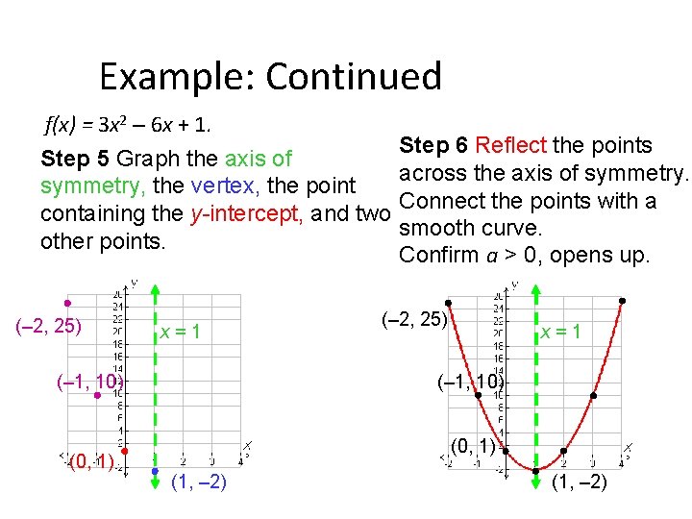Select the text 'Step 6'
[434, 146]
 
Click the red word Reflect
[510, 146]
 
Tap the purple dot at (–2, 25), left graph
[67, 302]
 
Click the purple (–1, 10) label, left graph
[90, 383]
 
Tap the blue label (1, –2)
[198, 482]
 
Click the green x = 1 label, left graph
[181, 332]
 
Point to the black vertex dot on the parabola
[534, 470]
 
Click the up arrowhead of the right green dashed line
[534, 289]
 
